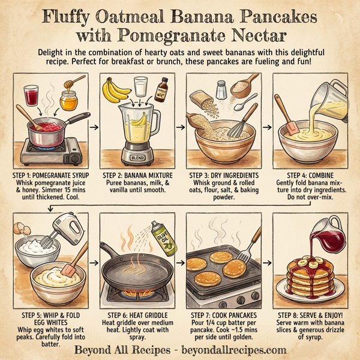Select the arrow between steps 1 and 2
coord(91,127)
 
